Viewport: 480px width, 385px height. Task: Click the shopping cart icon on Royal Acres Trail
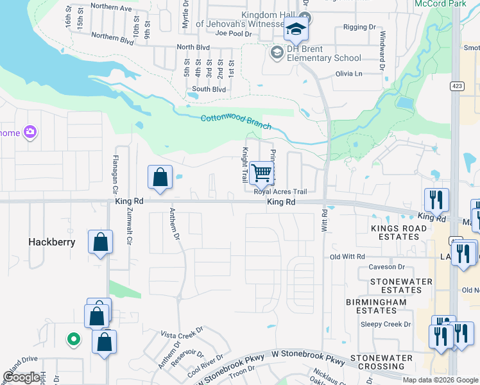261,173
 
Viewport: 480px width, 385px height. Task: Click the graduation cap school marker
296,30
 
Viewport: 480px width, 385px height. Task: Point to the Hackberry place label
52,243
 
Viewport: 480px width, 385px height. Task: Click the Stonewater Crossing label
386,362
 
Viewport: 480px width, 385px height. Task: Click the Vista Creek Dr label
182,335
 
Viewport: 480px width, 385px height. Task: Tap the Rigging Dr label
359,28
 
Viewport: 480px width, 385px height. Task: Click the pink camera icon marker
30,132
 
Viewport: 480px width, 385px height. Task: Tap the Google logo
22,377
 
